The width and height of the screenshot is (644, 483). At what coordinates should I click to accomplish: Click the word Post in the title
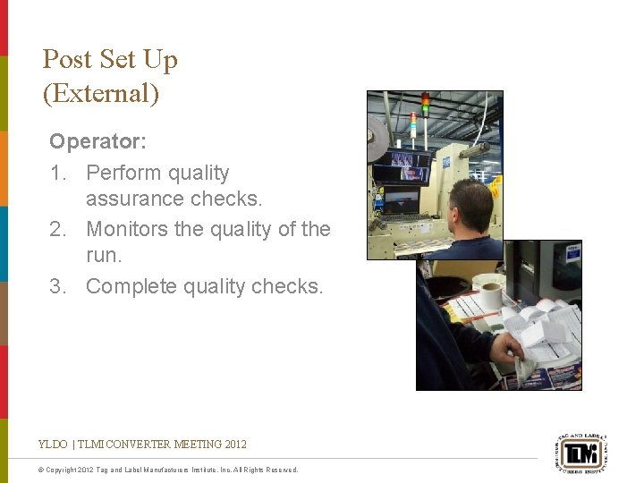tap(67, 60)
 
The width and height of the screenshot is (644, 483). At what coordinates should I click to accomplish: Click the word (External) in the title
tap(100, 94)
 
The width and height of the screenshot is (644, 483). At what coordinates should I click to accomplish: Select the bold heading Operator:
tap(97, 141)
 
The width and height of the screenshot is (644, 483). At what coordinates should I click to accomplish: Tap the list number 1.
tap(57, 173)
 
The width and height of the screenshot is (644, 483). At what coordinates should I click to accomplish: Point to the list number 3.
tap(57, 286)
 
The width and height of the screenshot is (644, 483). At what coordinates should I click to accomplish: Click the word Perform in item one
tap(121, 173)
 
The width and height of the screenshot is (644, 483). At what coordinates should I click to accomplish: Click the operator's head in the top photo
tap(472, 205)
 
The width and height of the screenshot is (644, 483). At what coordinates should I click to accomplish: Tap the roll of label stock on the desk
tap(488, 292)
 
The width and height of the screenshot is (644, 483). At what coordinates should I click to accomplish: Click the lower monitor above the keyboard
tap(401, 199)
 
